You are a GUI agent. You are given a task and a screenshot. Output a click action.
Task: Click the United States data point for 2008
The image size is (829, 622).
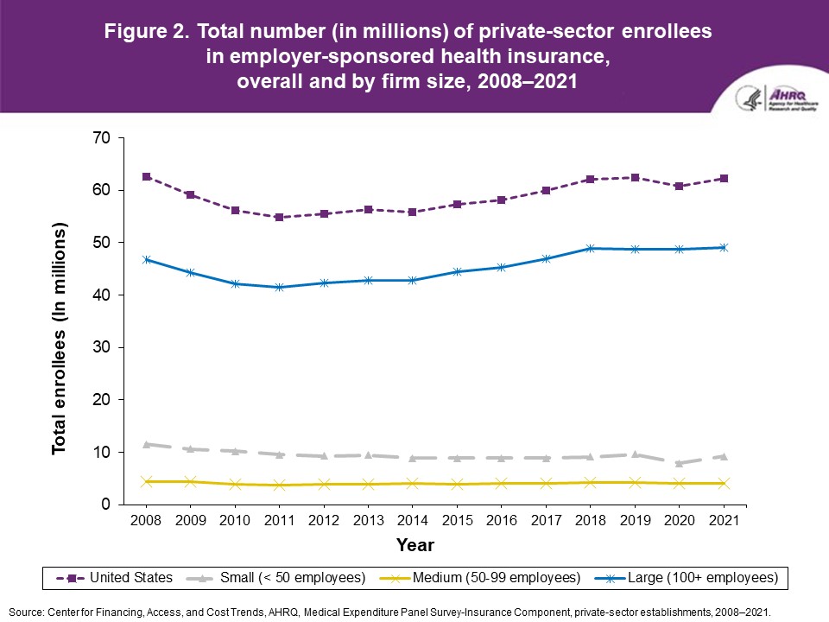tap(147, 177)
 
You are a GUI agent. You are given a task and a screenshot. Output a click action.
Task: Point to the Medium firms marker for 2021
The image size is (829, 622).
tap(724, 483)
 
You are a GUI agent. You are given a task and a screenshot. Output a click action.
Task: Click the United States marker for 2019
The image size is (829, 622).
tap(635, 178)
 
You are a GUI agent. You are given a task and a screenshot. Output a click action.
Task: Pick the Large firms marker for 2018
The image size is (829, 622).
tap(591, 249)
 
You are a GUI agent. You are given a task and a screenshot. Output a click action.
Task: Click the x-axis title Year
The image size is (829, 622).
tap(415, 545)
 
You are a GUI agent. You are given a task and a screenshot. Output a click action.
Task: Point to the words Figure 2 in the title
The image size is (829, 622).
tap(147, 33)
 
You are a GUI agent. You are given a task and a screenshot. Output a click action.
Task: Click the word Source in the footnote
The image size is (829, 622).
tap(26, 611)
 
